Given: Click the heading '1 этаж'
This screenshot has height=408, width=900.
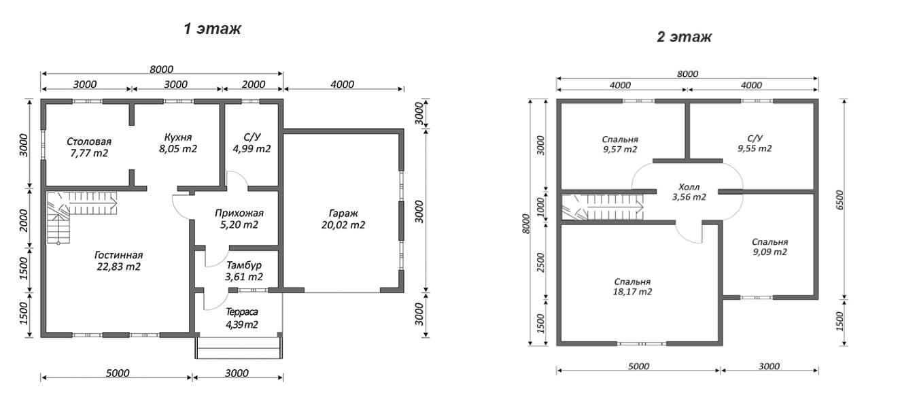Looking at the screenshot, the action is point(212,29).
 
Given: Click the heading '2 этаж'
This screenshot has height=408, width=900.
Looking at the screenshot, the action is point(684,37).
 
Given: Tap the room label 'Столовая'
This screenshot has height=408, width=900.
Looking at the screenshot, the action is point(89,141).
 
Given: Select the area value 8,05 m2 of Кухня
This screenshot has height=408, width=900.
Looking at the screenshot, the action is point(178,149).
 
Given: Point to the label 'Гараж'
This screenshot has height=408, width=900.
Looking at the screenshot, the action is point(343,214).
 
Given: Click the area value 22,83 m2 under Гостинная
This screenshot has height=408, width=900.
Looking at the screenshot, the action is point(118,267).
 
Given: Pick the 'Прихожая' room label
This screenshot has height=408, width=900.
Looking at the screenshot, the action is point(239,214).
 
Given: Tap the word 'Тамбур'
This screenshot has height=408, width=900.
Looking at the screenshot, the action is point(244,265).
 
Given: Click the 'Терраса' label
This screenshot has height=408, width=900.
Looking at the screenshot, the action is point(242,312).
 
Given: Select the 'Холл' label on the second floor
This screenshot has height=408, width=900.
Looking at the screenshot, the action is point(689,187).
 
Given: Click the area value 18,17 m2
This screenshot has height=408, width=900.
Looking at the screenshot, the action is point(632,292).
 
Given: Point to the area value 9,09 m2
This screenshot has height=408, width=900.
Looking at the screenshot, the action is point(769,252).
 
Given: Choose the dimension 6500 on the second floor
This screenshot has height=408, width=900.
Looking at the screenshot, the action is point(840,200).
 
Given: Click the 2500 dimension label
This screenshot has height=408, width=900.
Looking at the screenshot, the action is point(540,262).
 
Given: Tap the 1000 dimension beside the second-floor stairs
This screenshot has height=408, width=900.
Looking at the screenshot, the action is point(540,206).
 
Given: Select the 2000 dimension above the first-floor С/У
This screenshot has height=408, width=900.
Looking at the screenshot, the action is point(254,84).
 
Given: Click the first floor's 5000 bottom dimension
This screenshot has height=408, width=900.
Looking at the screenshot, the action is point(118,373).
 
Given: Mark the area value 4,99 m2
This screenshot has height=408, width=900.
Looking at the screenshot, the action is point(252,149).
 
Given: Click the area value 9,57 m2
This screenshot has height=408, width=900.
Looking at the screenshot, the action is point(620,150).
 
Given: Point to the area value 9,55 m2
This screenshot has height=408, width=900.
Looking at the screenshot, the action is point(755,148).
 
